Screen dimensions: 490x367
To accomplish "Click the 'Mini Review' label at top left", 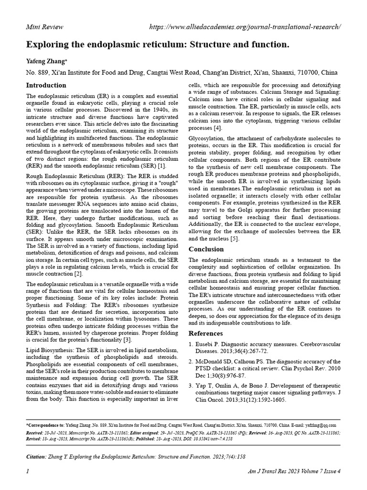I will click(x=44, y=27).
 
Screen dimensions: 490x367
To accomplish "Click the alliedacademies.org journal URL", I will click(x=245, y=27).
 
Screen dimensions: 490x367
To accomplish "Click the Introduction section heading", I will click(x=46, y=86).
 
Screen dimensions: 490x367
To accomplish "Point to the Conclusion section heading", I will click(x=206, y=249).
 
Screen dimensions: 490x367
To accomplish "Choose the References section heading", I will click(x=206, y=333).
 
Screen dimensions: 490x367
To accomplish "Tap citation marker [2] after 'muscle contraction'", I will click(x=78, y=274).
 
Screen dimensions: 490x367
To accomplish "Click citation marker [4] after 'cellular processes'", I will click(x=217, y=128).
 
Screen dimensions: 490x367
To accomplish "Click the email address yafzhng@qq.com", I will click(x=321, y=425).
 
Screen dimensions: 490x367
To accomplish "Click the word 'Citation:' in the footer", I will click(x=36, y=457).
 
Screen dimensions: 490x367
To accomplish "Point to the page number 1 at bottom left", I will click(x=28, y=472).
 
